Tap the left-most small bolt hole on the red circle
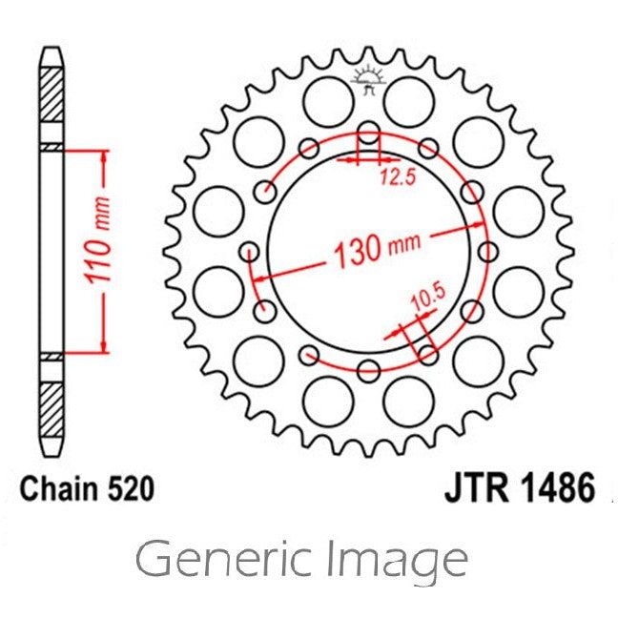[x=251, y=252]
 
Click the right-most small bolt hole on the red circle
[x=487, y=252]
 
